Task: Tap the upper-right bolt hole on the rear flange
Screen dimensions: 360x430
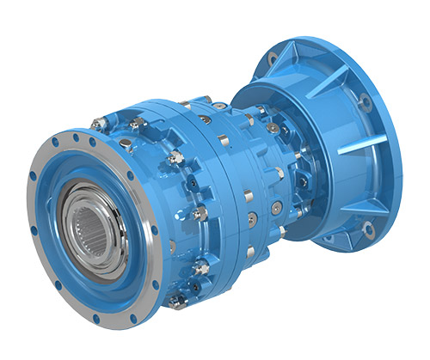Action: (x=364, y=101)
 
